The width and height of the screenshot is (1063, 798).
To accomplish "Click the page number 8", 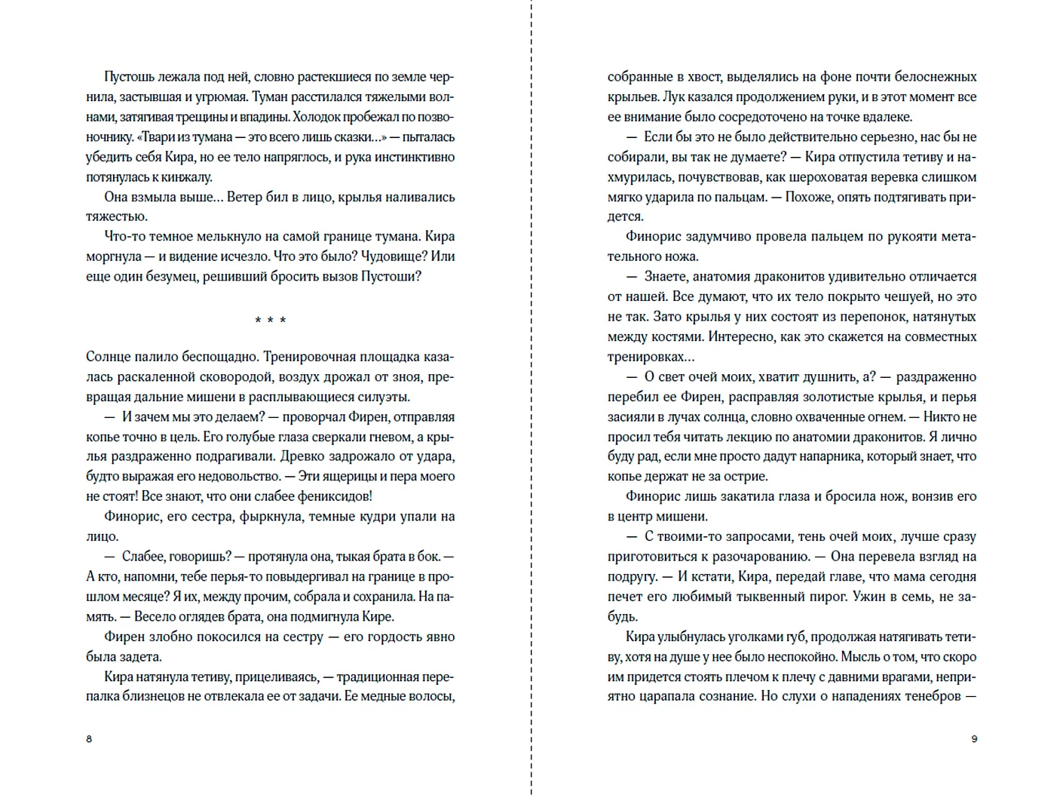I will (x=89, y=738).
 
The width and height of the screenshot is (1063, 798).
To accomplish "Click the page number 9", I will (x=974, y=738).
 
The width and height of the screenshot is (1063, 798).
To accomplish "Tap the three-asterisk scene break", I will (x=270, y=321).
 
